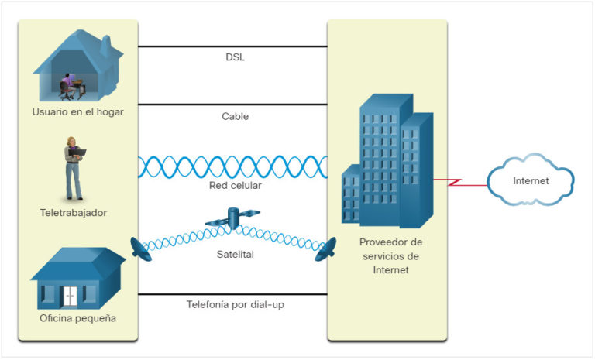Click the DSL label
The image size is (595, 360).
(234, 57)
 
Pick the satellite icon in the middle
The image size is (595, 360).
(232, 220)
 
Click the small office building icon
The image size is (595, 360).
(76, 279)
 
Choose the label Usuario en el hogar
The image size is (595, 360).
(77, 112)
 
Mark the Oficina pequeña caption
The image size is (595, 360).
(77, 318)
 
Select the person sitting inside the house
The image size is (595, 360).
(67, 84)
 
